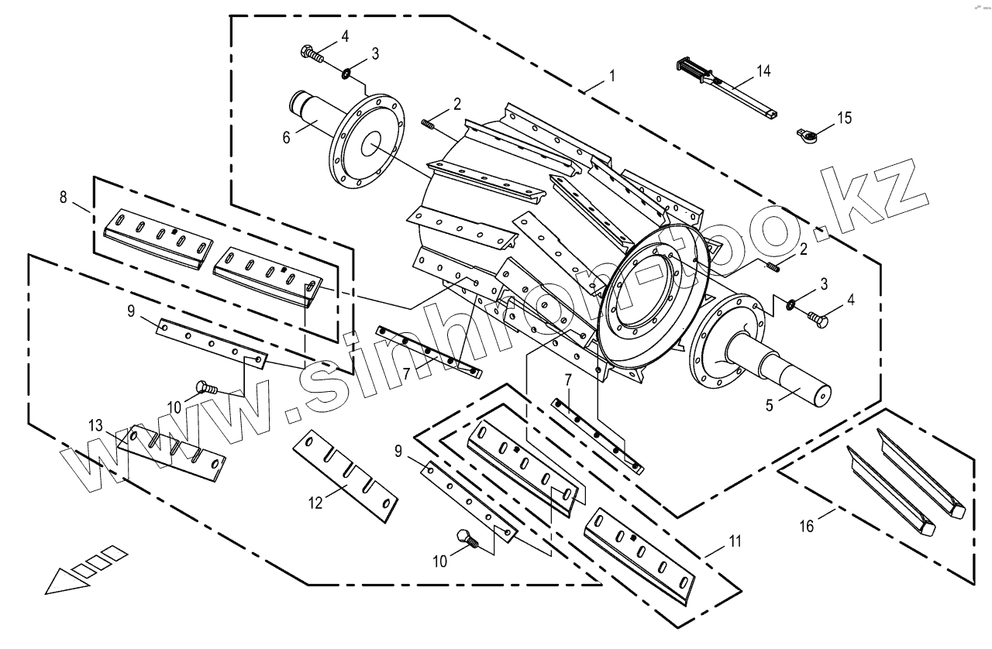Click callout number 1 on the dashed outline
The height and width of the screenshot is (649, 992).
tap(612, 76)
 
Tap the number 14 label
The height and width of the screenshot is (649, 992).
tap(763, 71)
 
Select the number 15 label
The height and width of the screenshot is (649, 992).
tap(843, 118)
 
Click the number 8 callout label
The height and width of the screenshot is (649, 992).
tap(63, 197)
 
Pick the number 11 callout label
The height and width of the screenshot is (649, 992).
tap(734, 541)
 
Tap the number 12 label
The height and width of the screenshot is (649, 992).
tap(315, 503)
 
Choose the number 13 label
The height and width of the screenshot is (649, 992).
tap(95, 425)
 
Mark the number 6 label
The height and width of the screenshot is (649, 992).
tap(286, 136)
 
